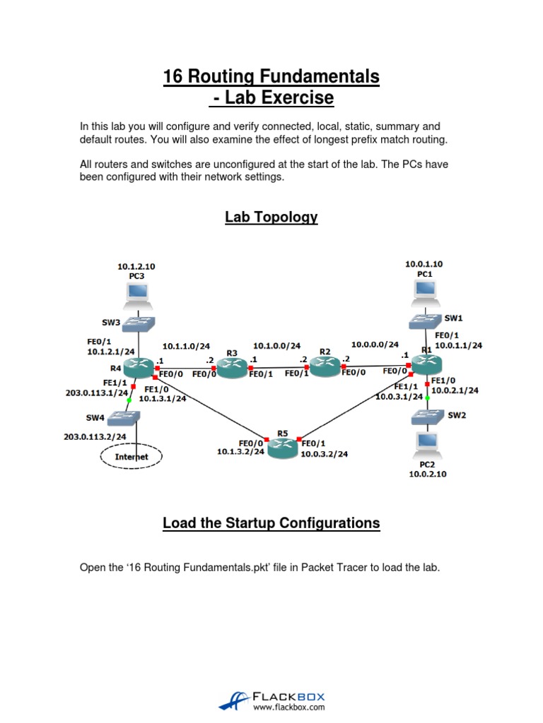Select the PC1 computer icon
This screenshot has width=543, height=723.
pos(425,291)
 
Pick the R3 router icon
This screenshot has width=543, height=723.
pos(232,365)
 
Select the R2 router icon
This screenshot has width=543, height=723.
pos(325,365)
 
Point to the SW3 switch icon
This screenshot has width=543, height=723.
pos(138,324)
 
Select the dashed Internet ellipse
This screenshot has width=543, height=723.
pos(132,457)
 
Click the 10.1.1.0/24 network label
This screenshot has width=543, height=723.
pos(186,346)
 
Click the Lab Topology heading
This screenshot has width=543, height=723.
pos(271,217)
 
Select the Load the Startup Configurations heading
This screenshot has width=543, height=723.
pos(271,523)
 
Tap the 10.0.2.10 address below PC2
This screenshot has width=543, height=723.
pos(428,474)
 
